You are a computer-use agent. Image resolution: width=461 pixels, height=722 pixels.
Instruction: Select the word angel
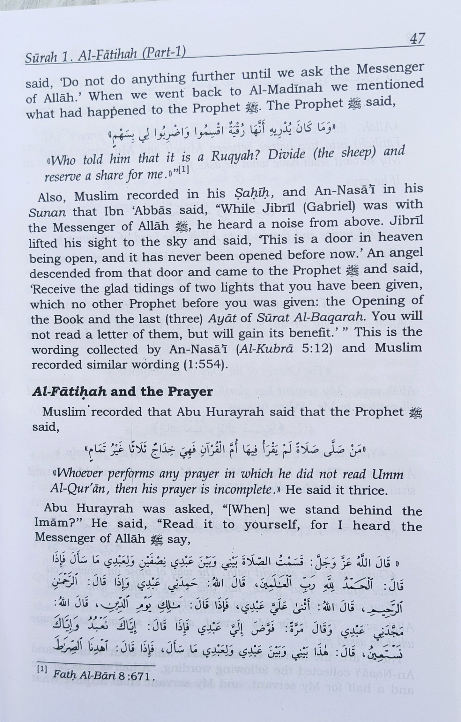coord(404,253)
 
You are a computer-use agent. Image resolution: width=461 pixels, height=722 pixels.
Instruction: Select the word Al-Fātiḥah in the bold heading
coord(69,392)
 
